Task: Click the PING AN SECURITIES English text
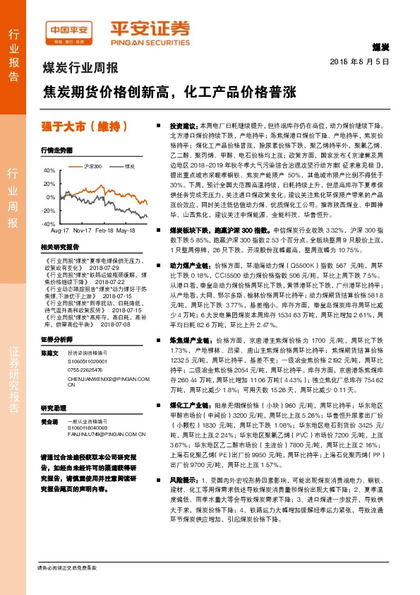(149, 40)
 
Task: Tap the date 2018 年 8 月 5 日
(359, 61)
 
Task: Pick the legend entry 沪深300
(92, 166)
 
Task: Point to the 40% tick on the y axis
(49, 170)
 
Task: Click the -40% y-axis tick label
(48, 223)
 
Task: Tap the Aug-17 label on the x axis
(61, 231)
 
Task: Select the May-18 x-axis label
(126, 231)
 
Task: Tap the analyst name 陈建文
(49, 351)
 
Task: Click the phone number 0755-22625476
(85, 370)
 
